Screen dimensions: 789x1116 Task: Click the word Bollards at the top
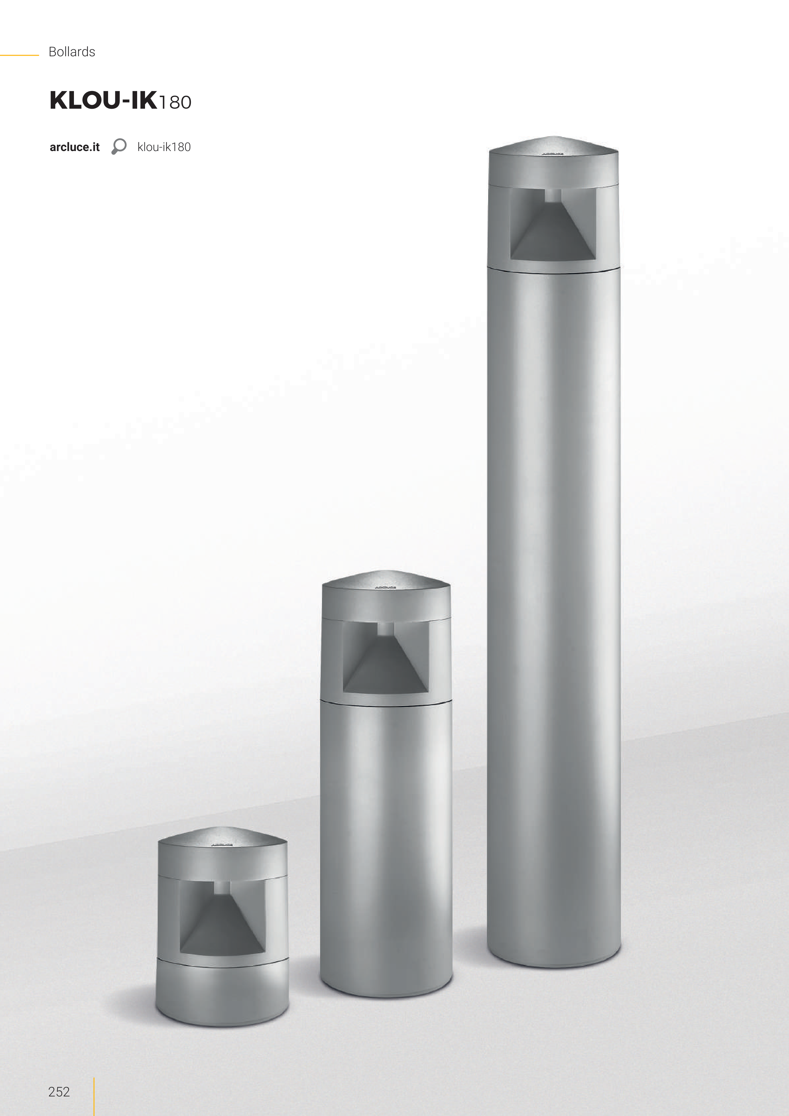point(72,52)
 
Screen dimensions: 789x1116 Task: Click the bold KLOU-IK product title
point(104,100)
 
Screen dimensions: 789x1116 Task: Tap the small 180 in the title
point(175,102)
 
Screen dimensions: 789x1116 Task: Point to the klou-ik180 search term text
point(164,147)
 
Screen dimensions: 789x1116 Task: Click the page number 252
point(59,1091)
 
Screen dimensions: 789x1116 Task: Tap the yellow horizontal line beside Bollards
point(20,55)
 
